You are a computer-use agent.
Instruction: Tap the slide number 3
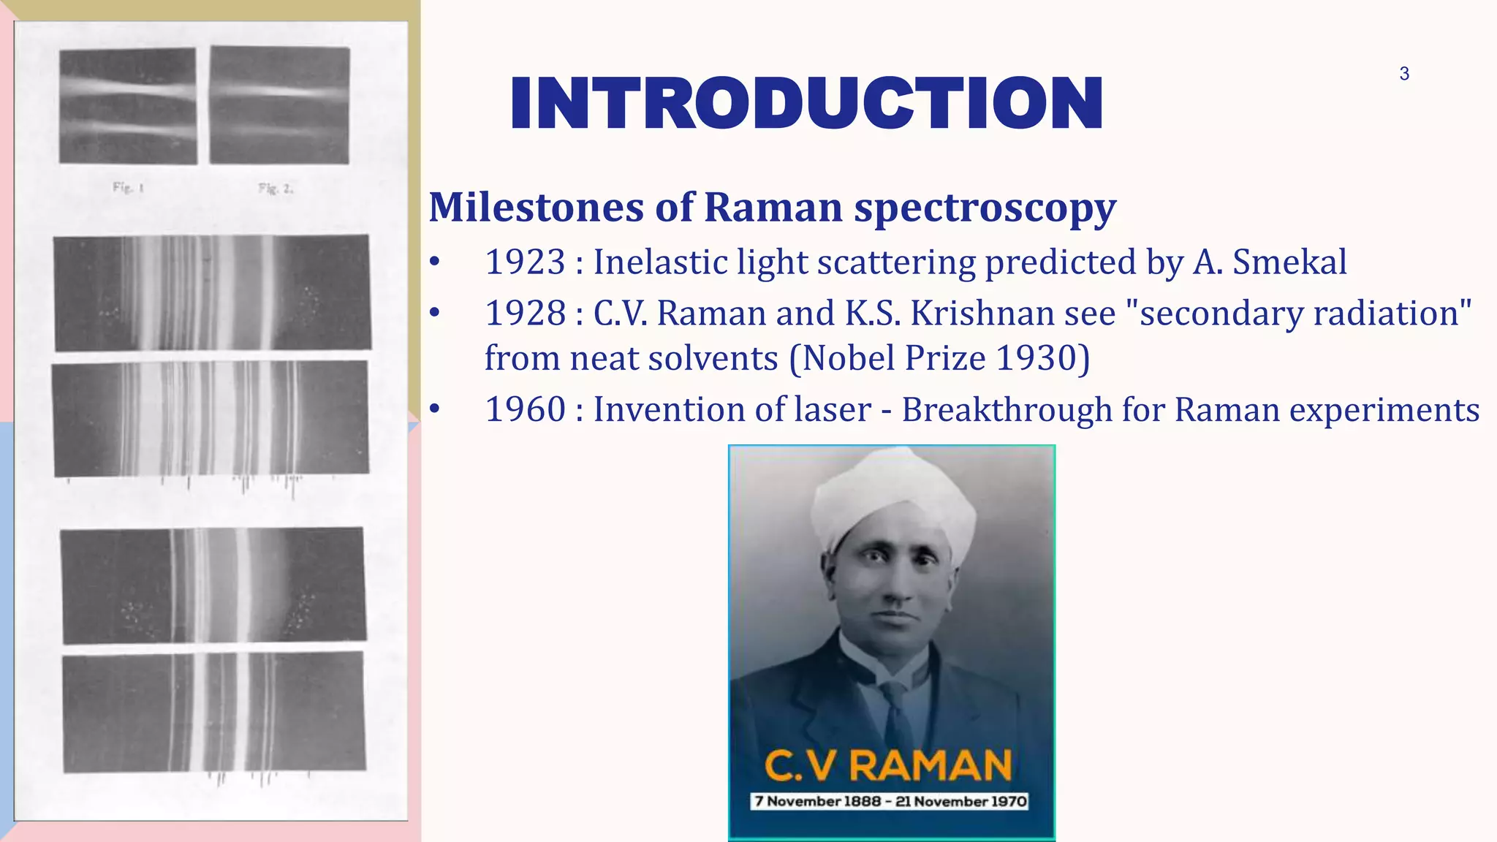1404,73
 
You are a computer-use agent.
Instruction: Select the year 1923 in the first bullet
525,262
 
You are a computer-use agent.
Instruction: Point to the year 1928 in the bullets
525,313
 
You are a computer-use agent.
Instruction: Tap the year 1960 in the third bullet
525,409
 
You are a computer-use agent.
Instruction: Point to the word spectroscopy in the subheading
985,208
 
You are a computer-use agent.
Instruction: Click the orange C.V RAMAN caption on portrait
888,766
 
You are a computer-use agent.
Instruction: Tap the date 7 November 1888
817,802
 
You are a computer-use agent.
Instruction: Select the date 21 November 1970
961,802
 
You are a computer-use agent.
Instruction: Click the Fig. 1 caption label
128,188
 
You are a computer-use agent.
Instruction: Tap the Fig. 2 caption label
276,189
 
